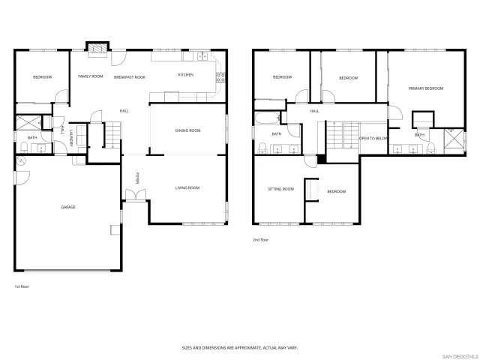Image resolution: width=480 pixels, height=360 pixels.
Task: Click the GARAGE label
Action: (68, 207)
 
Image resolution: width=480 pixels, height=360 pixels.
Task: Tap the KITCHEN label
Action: (185, 76)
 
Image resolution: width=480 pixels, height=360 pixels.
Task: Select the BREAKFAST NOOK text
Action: (130, 77)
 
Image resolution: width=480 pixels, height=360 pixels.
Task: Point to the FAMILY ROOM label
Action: (91, 76)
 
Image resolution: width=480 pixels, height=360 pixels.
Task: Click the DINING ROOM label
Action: (187, 130)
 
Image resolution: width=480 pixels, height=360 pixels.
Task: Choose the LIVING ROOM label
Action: (187, 187)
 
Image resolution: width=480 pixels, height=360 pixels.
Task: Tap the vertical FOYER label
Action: (137, 178)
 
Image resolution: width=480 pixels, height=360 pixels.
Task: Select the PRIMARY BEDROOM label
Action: (425, 88)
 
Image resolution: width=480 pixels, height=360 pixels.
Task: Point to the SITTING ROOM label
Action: (280, 190)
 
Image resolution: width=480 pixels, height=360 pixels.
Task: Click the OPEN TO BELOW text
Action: (373, 139)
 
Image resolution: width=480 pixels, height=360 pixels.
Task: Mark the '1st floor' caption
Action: (22, 286)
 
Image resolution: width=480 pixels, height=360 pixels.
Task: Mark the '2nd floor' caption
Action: (260, 240)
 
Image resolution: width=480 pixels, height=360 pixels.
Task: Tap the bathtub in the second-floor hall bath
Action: (266, 118)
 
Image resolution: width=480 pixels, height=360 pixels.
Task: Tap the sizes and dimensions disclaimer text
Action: (239, 347)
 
